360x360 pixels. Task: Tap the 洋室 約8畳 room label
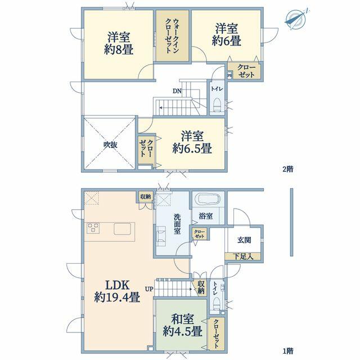point(119,44)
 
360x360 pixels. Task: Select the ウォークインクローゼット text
point(172,35)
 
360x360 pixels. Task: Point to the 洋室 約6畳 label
point(226,35)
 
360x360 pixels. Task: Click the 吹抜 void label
point(110,145)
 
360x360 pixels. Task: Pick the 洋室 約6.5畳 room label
point(192,142)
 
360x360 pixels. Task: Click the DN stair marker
point(177,91)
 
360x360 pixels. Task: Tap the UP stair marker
point(148,289)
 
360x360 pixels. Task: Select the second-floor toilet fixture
point(217,105)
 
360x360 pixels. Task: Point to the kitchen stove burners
point(93,228)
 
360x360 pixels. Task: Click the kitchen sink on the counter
point(122,229)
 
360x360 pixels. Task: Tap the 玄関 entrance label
point(244,240)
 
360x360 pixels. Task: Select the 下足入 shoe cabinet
point(243,256)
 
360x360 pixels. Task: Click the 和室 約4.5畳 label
point(183,325)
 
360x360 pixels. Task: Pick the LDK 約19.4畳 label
point(117,291)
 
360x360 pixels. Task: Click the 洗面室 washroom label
point(177,224)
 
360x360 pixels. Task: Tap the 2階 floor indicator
point(288,169)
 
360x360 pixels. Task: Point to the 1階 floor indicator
point(288,351)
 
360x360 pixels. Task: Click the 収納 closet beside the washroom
point(146,197)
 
